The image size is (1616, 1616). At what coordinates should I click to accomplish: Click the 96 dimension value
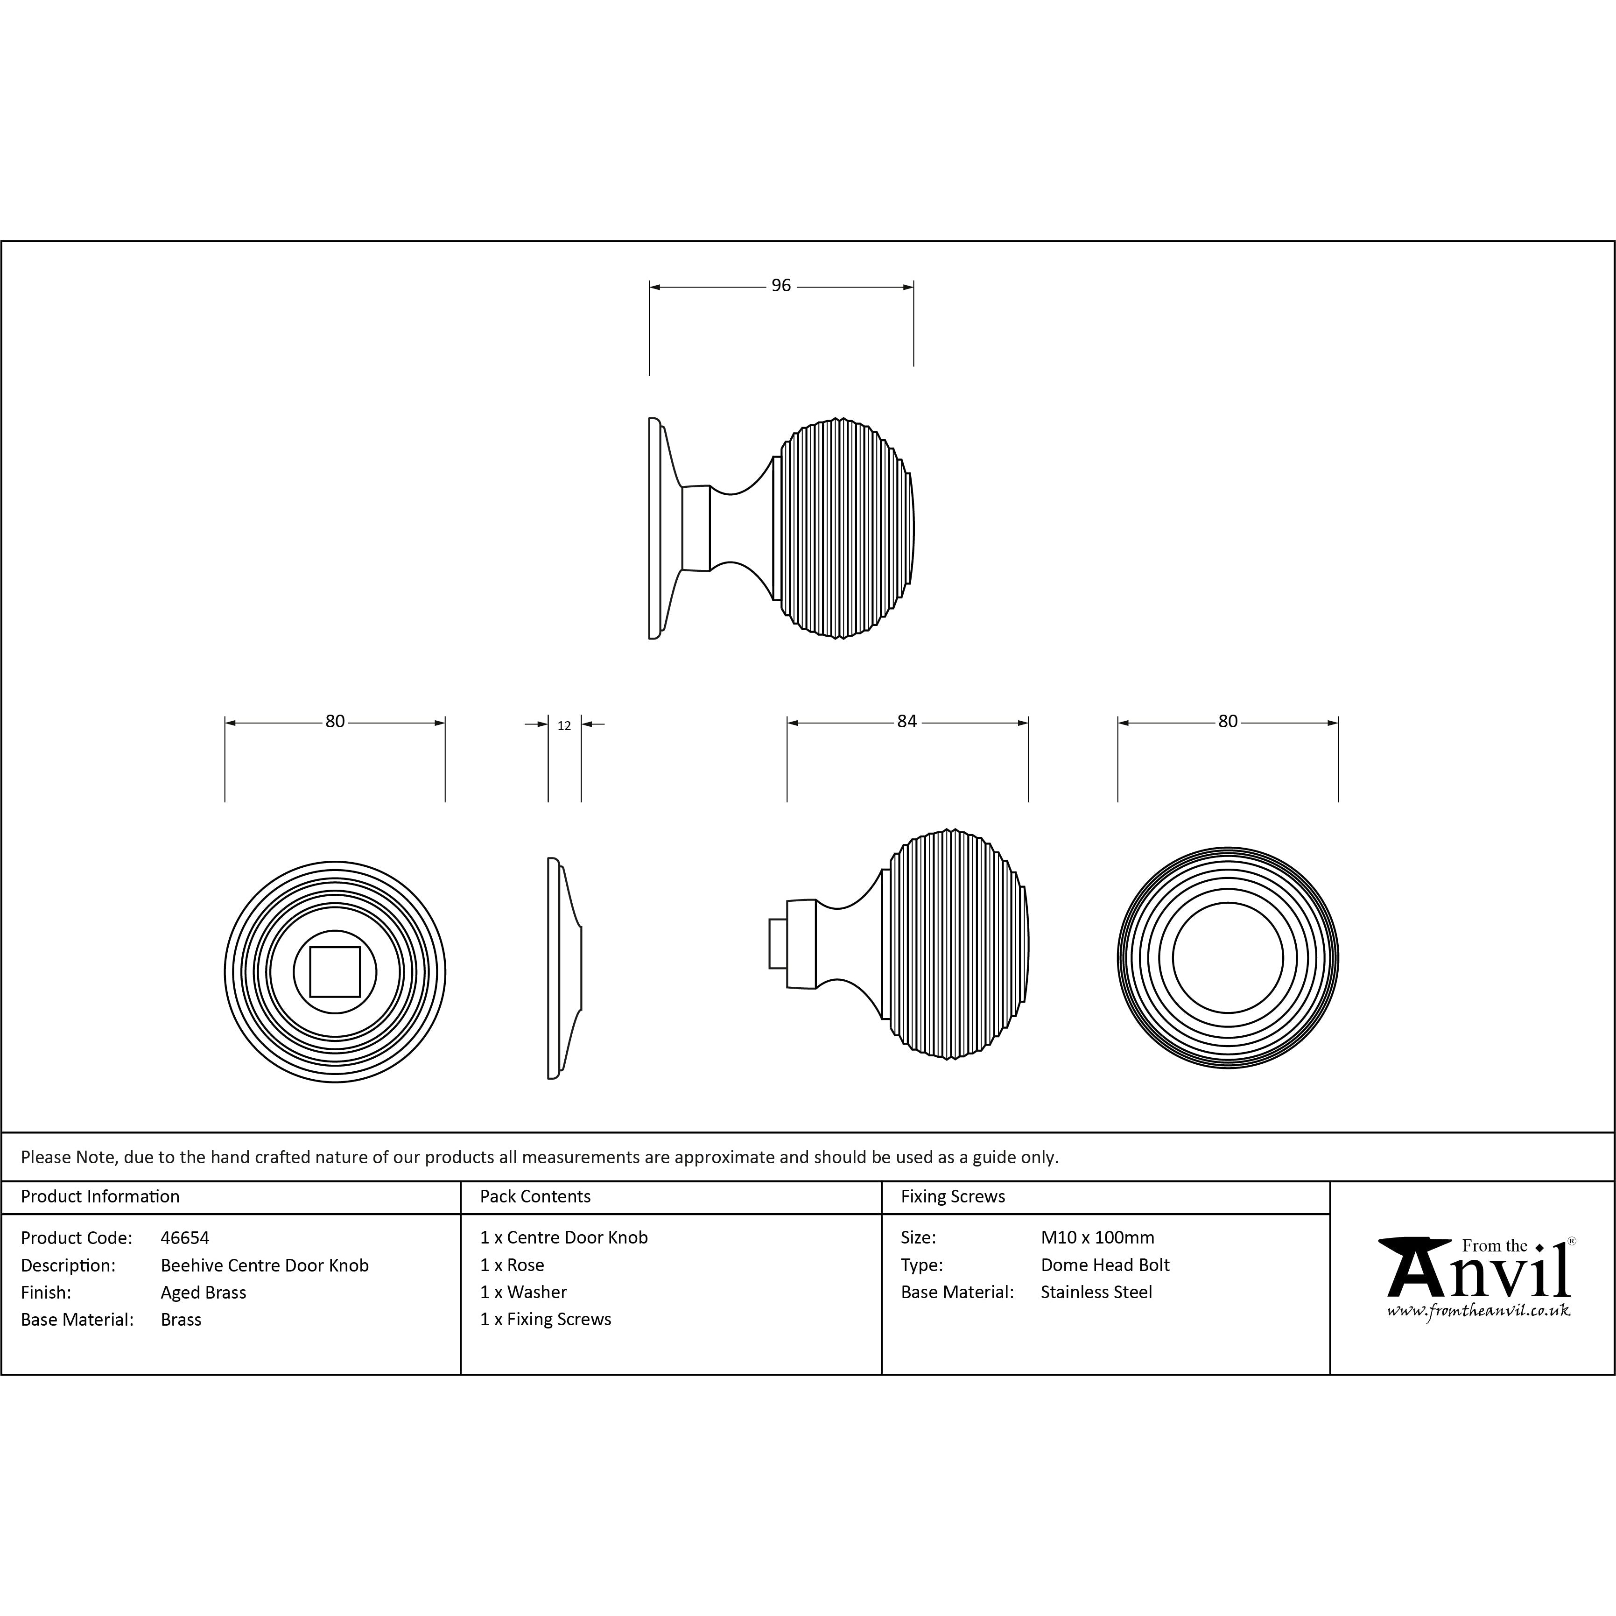[x=780, y=286]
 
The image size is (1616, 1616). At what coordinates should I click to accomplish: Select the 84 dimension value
[x=906, y=722]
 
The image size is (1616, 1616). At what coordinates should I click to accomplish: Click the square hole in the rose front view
[x=335, y=972]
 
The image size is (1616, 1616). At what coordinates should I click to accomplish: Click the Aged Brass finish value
[x=203, y=1293]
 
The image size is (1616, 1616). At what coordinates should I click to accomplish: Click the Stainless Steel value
[x=1096, y=1293]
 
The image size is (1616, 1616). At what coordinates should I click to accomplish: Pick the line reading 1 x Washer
[x=524, y=1293]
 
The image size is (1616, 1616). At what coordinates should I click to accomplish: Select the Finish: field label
[x=46, y=1293]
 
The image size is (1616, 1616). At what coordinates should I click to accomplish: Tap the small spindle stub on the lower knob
[x=778, y=943]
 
